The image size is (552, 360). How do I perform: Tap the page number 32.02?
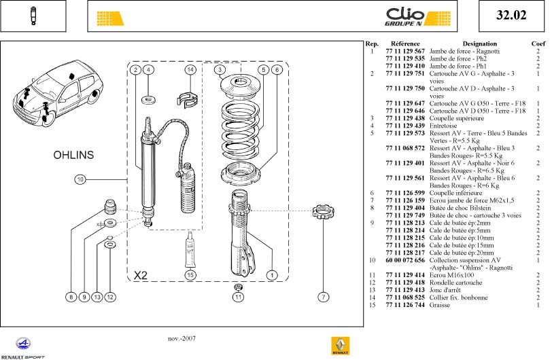coord(511,16)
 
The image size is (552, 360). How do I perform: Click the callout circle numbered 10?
coord(80,179)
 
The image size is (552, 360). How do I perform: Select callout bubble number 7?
coord(323,296)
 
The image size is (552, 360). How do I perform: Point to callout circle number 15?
coord(191,274)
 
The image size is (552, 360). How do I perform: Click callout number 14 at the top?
coord(191,70)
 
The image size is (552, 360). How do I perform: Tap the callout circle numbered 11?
coord(238,296)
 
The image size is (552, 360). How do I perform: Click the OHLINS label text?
coord(73,156)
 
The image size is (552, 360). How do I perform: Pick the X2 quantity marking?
coord(141,276)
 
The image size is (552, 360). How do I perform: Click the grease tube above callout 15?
coord(192,249)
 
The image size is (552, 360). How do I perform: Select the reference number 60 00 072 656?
coord(404,260)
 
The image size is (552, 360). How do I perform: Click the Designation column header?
coord(479,43)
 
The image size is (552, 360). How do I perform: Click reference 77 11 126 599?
coord(404,193)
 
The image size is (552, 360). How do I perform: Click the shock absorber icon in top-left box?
coord(33,16)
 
